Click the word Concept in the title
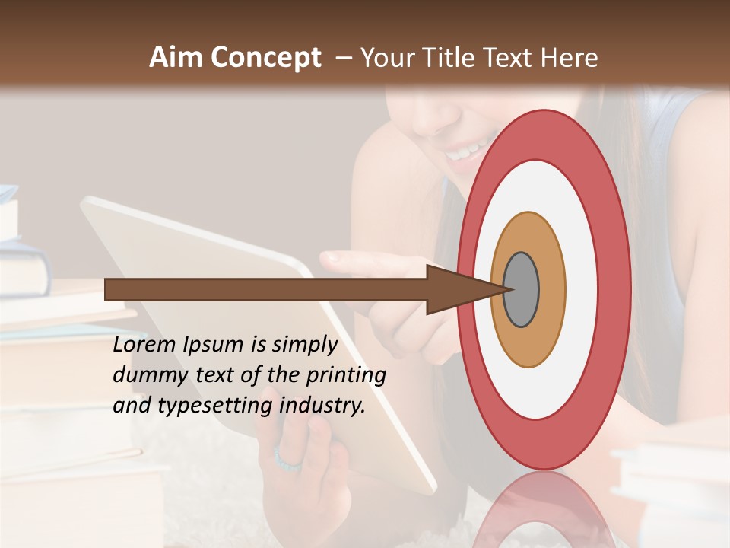(266, 58)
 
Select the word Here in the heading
(569, 57)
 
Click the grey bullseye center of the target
(522, 290)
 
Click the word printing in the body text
(346, 374)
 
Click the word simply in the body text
(304, 345)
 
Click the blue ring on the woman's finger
(288, 460)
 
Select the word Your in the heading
(386, 57)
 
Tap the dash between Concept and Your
(344, 58)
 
